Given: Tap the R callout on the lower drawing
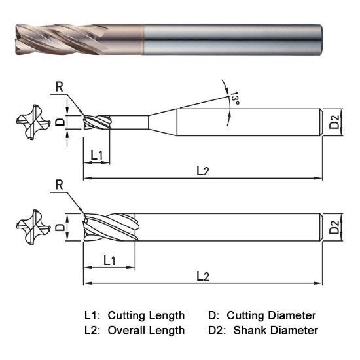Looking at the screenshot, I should (x=60, y=185).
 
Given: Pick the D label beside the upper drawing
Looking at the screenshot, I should (x=59, y=122).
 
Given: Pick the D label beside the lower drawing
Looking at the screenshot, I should (x=59, y=227).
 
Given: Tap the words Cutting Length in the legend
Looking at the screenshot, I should (x=146, y=315).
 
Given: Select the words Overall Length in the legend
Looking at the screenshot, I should (x=146, y=330).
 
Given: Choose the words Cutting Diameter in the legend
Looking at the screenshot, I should (x=275, y=315).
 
